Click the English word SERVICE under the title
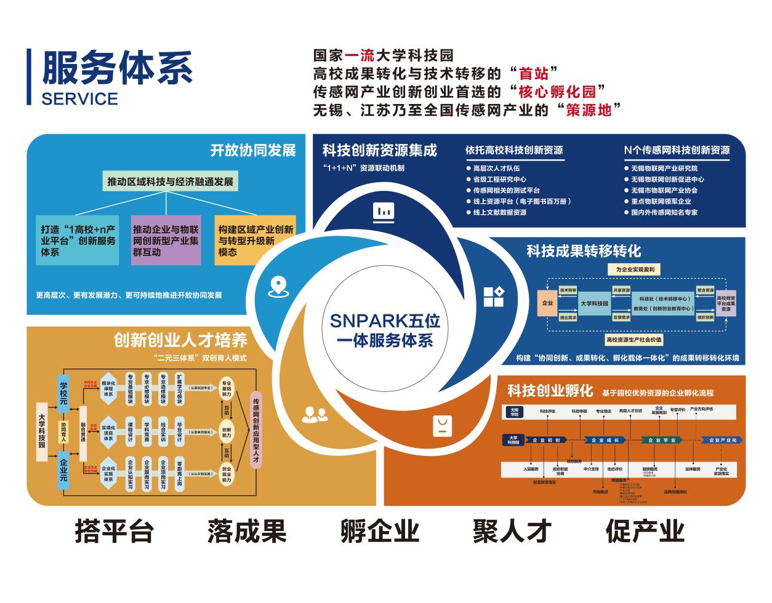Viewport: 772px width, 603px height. click(80, 98)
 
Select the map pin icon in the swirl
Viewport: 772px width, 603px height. click(279, 286)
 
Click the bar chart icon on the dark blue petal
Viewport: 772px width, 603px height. click(384, 211)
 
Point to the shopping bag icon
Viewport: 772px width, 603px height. click(443, 425)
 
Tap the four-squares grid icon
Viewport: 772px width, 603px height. click(494, 296)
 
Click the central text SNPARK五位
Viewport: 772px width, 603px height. click(385, 320)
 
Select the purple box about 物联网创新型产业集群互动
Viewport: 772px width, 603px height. click(166, 241)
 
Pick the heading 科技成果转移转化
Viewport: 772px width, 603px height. click(584, 251)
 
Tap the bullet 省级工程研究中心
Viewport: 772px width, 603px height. click(499, 179)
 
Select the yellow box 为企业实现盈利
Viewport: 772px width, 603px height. click(635, 270)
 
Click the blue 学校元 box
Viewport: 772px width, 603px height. click(63, 390)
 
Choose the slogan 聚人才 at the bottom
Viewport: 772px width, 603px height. click(512, 530)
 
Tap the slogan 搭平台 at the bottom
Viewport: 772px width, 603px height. click(114, 530)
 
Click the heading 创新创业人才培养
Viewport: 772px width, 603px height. click(180, 340)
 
